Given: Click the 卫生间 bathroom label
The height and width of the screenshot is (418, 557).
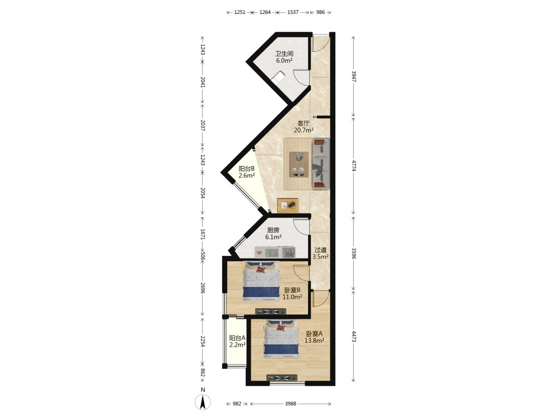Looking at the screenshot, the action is point(284,54).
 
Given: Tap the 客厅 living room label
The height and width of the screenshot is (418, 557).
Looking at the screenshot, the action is point(304,123).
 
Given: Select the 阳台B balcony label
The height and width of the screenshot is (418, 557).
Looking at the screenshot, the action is point(247,169).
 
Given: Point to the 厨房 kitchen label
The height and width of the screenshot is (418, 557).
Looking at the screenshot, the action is point(273,230).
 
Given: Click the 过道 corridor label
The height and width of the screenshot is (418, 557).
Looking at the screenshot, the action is point(320,250).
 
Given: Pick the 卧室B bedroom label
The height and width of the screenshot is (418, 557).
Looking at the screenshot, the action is point(292,290).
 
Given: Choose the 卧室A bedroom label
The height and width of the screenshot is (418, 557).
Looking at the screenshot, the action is point(314,334).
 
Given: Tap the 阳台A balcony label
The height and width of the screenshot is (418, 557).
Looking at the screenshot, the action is point(237,338).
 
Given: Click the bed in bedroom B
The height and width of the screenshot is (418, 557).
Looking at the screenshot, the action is point(261,281).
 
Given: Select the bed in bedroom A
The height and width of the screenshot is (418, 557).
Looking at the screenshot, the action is point(281,339).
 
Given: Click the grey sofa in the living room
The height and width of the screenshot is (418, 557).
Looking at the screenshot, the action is point(321,163).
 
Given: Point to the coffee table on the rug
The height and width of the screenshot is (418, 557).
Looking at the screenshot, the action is point(299,164).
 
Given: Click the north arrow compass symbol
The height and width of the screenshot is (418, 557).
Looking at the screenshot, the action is point(203,402).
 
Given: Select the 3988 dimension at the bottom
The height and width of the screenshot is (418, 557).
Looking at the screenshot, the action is point(291,404).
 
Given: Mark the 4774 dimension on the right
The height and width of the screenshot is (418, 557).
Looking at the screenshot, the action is point(354,166).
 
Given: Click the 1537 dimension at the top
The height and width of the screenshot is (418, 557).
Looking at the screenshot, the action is point(293,12).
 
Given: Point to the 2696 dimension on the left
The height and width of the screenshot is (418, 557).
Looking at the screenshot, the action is point(203,289).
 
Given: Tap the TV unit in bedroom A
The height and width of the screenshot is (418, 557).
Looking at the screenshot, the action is point(282,378).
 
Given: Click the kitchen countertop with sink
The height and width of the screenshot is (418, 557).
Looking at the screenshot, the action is point(275,252).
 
